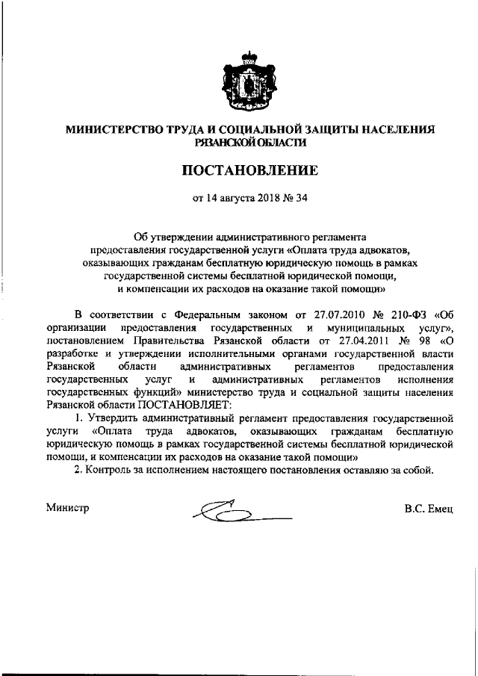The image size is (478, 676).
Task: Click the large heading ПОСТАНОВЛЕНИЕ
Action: (250, 170)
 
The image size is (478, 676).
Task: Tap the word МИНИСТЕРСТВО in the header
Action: (115, 128)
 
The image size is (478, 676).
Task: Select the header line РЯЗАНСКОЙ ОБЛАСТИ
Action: (250, 141)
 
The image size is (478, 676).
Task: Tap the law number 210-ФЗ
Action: (405, 314)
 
